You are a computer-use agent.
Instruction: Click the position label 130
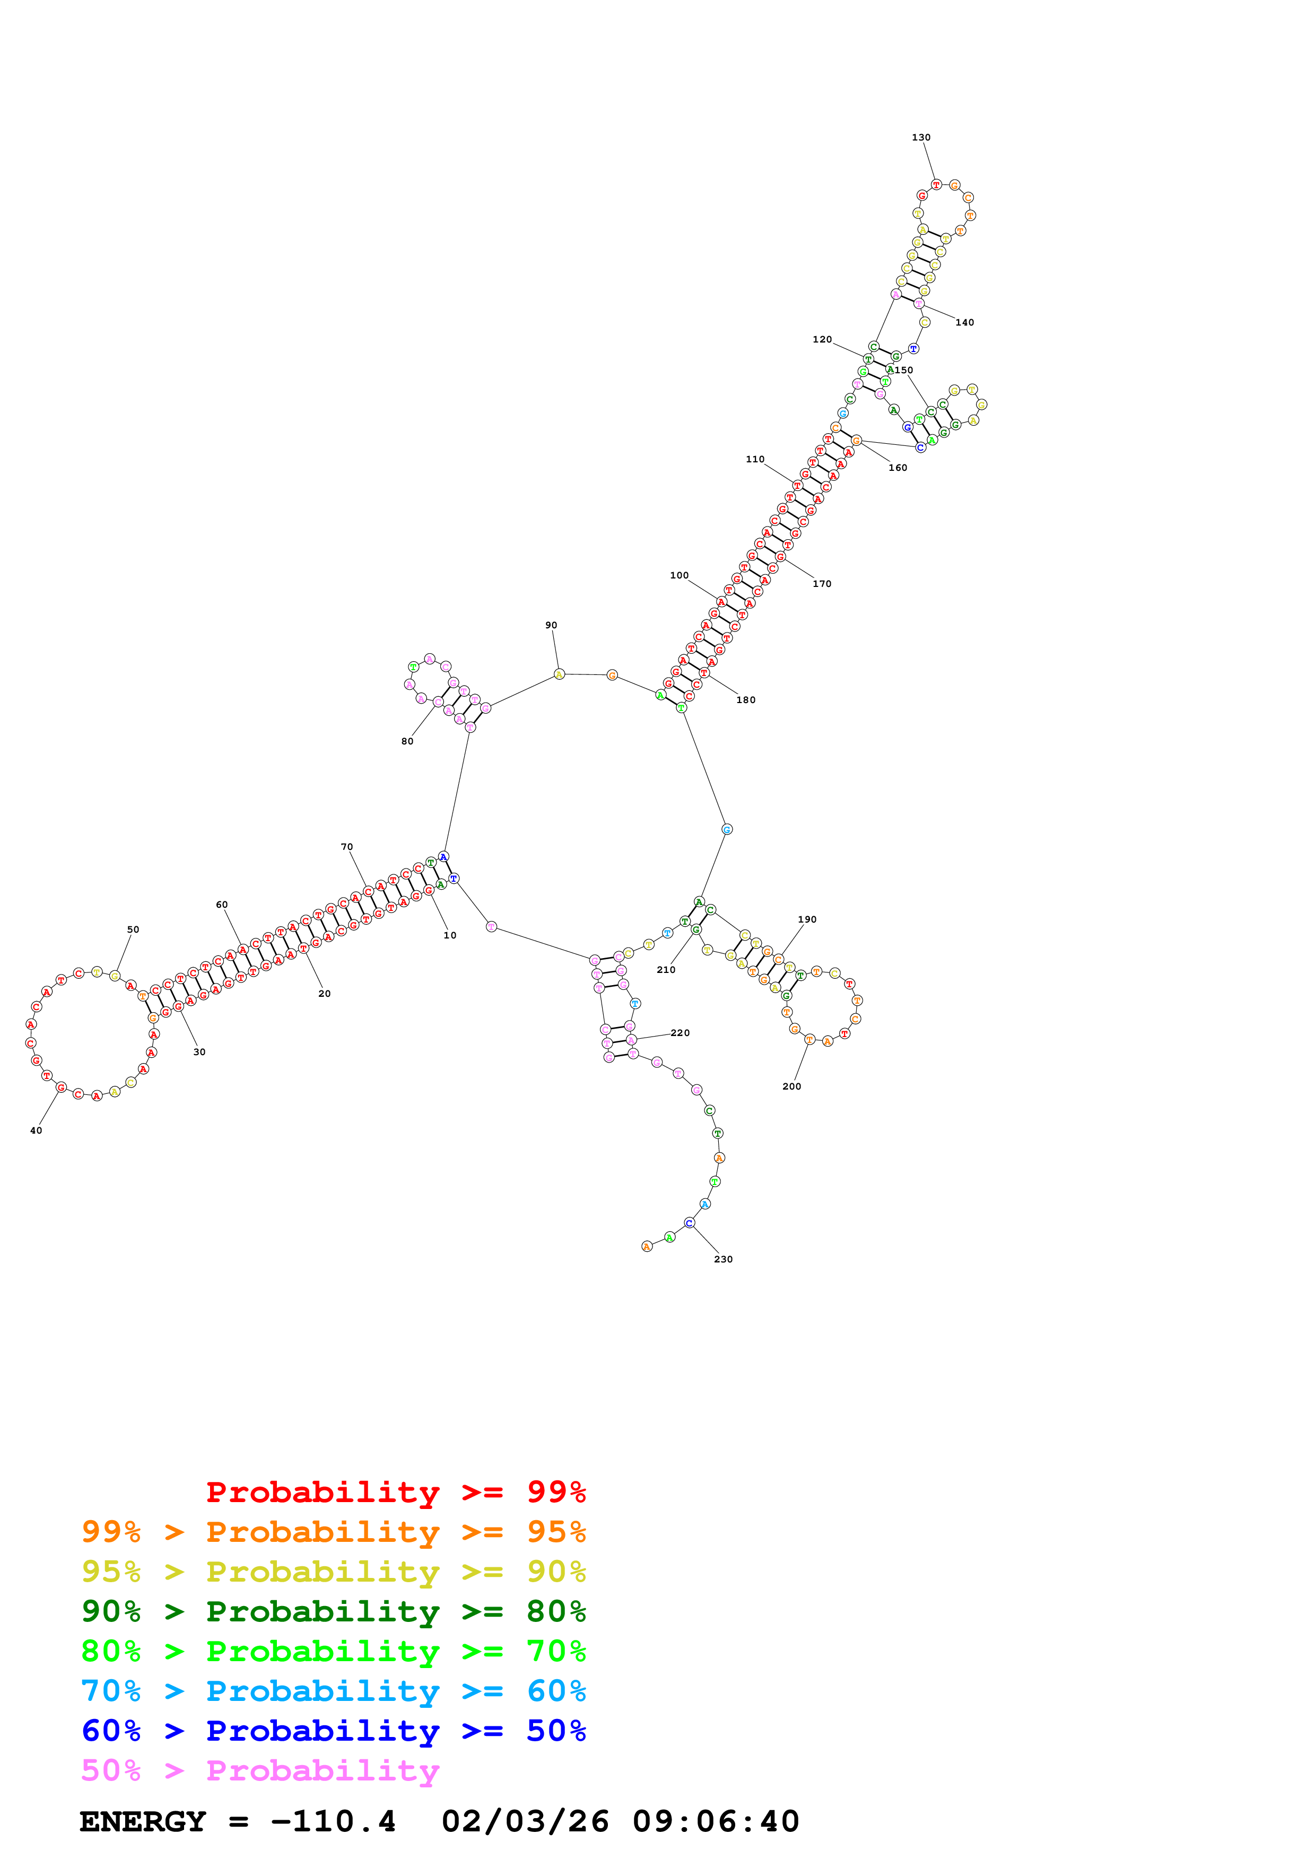921,138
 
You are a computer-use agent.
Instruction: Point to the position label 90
551,626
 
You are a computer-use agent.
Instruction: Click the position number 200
791,1087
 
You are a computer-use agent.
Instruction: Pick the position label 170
822,584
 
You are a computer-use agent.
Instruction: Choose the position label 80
407,741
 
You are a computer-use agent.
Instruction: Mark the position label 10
450,936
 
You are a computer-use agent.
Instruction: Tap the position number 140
965,322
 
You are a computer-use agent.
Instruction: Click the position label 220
681,1033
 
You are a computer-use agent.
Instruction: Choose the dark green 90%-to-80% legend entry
334,1611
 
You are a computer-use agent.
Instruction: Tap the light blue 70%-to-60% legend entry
334,1691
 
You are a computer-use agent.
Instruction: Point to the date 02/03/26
526,1822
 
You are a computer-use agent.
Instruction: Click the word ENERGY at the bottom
143,1822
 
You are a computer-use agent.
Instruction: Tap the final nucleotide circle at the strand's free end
647,1247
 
